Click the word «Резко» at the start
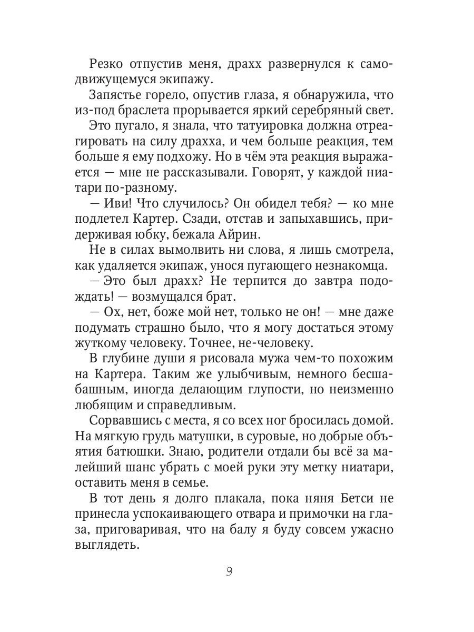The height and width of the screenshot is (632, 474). point(107,65)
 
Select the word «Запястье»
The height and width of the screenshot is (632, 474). point(118,95)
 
